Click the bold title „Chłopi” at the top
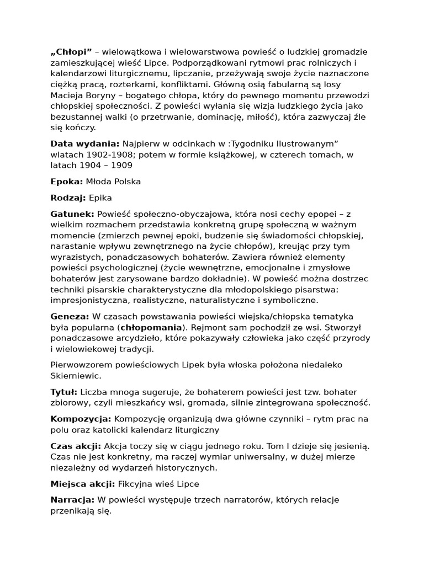click(71, 52)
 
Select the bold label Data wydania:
click(84, 143)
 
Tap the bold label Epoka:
click(67, 181)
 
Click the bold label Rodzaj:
click(68, 198)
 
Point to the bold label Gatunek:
click(72, 214)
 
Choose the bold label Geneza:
click(70, 316)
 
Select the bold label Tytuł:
click(64, 392)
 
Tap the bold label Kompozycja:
click(81, 419)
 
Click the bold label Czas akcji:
click(76, 446)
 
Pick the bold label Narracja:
click(72, 500)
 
